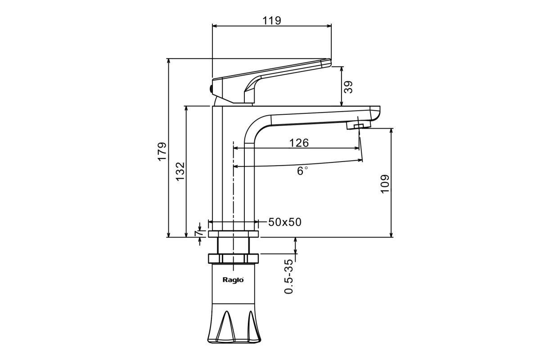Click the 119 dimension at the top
pos(271,20)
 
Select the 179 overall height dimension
pos(162,152)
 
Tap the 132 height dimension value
pos(180,171)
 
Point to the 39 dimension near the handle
pos(348,86)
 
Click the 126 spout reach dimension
pos(299,143)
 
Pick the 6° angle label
pos(302,171)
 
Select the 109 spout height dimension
pos(385,184)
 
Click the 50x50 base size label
pos(285,222)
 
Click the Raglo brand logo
pos(233,279)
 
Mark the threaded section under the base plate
pos(233,245)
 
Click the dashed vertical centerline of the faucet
pos(233,189)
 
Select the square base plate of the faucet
pos(233,234)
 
